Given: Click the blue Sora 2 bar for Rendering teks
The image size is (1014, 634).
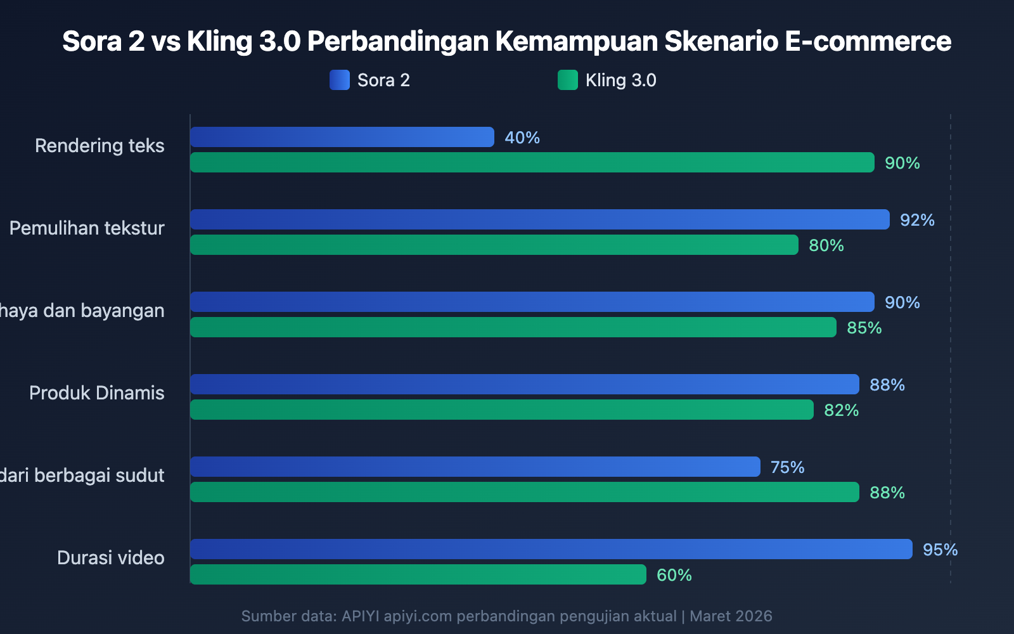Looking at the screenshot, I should coord(342,137).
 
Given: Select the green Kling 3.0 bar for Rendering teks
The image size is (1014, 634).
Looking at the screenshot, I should coord(532,162).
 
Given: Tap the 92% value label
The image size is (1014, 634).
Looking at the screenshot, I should coord(917,220).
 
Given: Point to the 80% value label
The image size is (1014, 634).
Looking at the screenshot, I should coord(826,245).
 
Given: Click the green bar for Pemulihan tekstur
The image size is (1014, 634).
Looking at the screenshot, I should coord(494,245).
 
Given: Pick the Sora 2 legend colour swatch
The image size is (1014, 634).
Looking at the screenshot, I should coord(340,80).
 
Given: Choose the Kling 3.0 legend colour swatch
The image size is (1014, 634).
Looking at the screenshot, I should coord(568,80).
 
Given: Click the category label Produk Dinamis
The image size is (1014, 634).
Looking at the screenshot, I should coord(97,393).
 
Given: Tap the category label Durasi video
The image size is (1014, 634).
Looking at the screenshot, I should coord(111,558).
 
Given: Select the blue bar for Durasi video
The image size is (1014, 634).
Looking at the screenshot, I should coord(551,549).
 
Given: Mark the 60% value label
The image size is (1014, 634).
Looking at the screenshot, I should coord(674,575).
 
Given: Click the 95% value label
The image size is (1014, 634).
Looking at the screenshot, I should coord(940,550).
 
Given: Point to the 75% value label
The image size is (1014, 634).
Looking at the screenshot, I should coord(787,467).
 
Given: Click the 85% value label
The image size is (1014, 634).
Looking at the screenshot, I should coord(864,328).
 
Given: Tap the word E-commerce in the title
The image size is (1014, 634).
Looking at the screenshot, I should coord(868,41).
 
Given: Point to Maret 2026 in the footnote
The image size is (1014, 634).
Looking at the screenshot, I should coord(731,616).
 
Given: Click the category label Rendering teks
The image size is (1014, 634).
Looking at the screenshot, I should coord(99,146).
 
